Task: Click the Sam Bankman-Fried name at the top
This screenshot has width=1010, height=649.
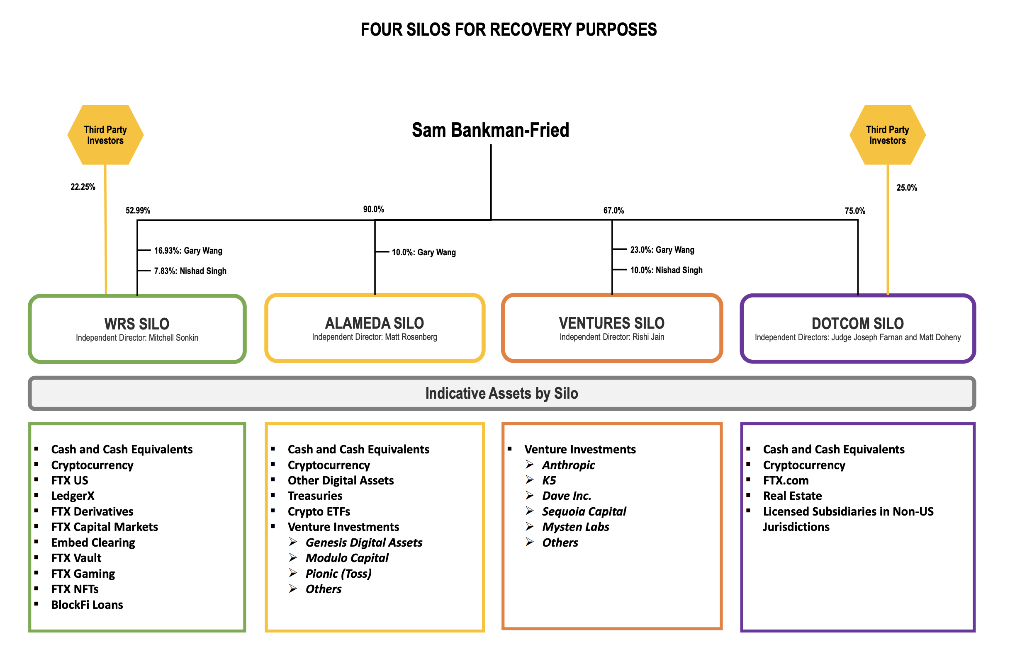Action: [x=490, y=130]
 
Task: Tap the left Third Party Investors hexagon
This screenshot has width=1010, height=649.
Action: [x=105, y=135]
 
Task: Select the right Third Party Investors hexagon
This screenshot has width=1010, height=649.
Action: [x=887, y=135]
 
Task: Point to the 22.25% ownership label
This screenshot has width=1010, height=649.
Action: [x=83, y=186]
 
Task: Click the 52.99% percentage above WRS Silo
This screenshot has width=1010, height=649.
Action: [x=138, y=210]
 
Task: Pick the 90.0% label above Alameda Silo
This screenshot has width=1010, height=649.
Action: [x=373, y=209]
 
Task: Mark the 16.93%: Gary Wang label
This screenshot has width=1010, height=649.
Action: [x=188, y=250]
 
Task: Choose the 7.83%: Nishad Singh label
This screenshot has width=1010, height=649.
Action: [x=190, y=271]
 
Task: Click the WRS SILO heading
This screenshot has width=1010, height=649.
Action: [x=136, y=324]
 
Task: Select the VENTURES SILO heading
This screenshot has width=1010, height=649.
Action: [x=611, y=323]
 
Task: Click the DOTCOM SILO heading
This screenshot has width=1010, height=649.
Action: [x=857, y=323]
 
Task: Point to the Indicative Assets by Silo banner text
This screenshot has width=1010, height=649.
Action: [x=501, y=393]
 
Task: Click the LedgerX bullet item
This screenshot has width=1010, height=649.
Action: [x=73, y=496]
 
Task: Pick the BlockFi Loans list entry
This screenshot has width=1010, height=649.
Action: [x=87, y=604]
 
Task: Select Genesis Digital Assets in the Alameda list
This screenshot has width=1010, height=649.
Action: [x=363, y=542]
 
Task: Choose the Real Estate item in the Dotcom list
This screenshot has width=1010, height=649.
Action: [x=792, y=496]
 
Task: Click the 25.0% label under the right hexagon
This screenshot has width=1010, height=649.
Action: [x=906, y=188]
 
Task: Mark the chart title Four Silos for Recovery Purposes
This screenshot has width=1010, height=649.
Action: [x=509, y=29]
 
